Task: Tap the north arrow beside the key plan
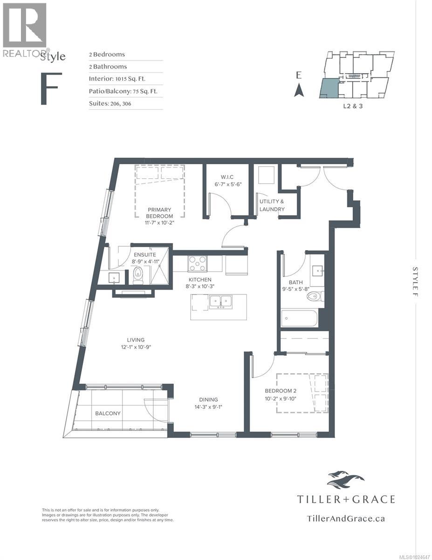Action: [x=299, y=90]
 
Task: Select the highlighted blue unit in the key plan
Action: [x=328, y=89]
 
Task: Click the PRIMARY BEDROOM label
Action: [x=159, y=213]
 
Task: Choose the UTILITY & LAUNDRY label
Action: [x=272, y=205]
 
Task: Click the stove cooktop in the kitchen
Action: [x=198, y=264]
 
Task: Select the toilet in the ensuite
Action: [x=138, y=276]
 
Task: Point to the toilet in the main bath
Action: [x=317, y=296]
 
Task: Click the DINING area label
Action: [x=208, y=399]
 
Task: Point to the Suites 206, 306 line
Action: [x=110, y=104]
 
